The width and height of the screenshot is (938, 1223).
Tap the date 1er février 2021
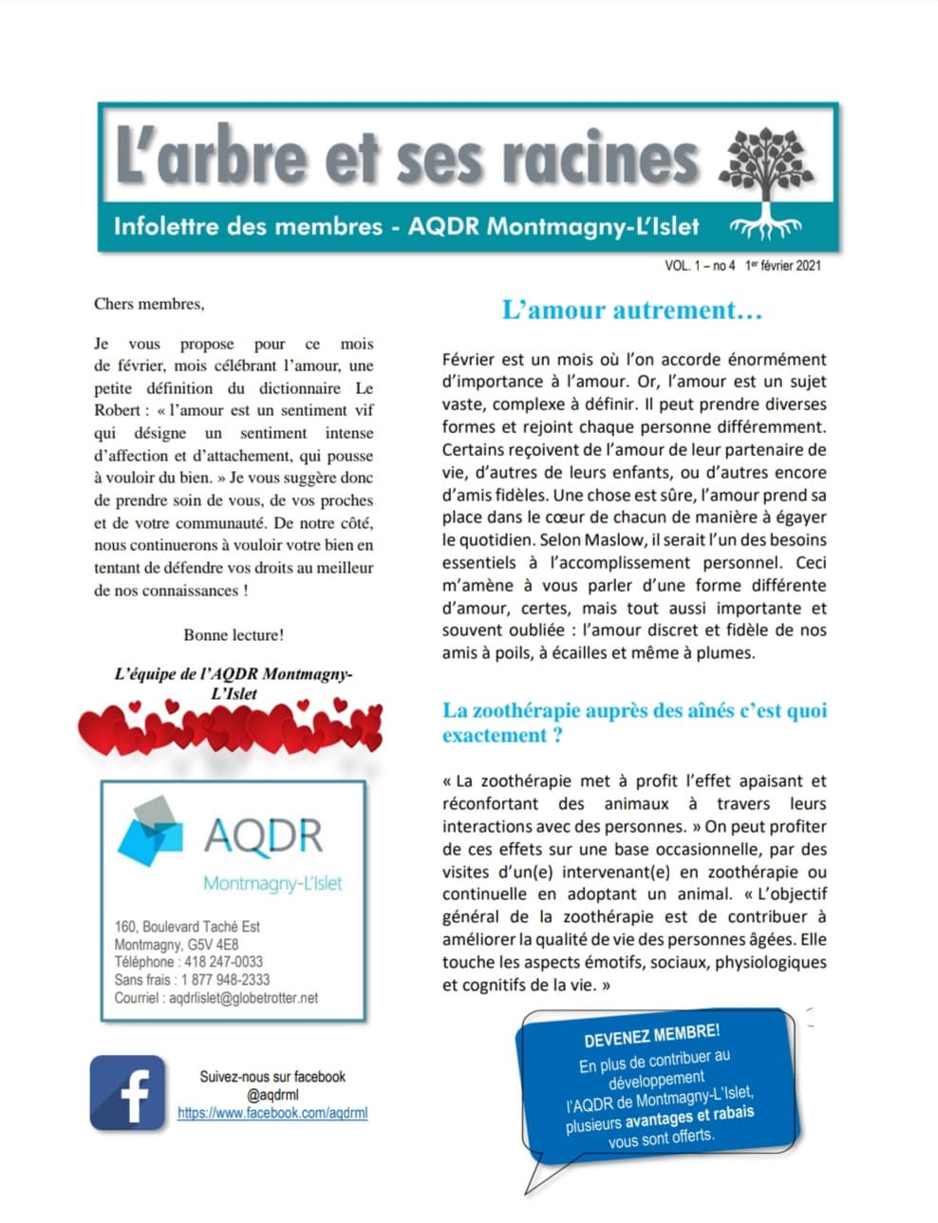(783, 266)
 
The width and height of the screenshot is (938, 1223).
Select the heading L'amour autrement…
(632, 310)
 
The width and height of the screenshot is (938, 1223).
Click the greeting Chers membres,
(148, 304)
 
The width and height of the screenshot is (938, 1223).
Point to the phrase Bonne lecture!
(234, 634)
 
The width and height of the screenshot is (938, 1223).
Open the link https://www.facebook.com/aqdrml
(272, 1113)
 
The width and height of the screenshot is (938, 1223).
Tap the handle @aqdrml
(272, 1095)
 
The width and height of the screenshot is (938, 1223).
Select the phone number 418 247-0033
(223, 962)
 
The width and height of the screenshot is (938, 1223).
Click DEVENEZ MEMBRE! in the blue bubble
(651, 1036)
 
